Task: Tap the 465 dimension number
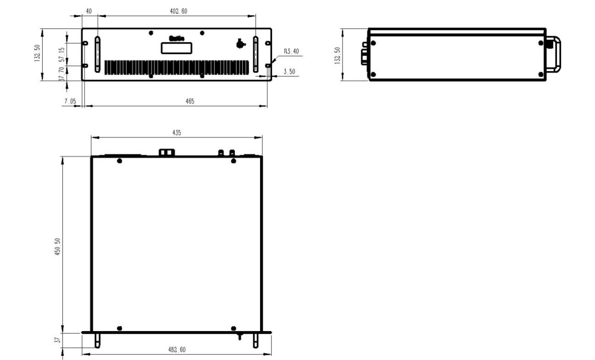point(176,101)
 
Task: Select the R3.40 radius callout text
point(291,51)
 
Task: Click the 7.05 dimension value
point(70,101)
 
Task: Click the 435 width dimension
point(176,132)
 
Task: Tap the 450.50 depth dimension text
point(57,248)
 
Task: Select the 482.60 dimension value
point(176,350)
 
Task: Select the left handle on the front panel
point(97,54)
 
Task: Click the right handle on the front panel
point(256,54)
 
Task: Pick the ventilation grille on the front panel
point(177,67)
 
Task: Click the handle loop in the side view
point(555,54)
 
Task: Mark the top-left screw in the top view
point(119,161)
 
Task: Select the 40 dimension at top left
point(89,11)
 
